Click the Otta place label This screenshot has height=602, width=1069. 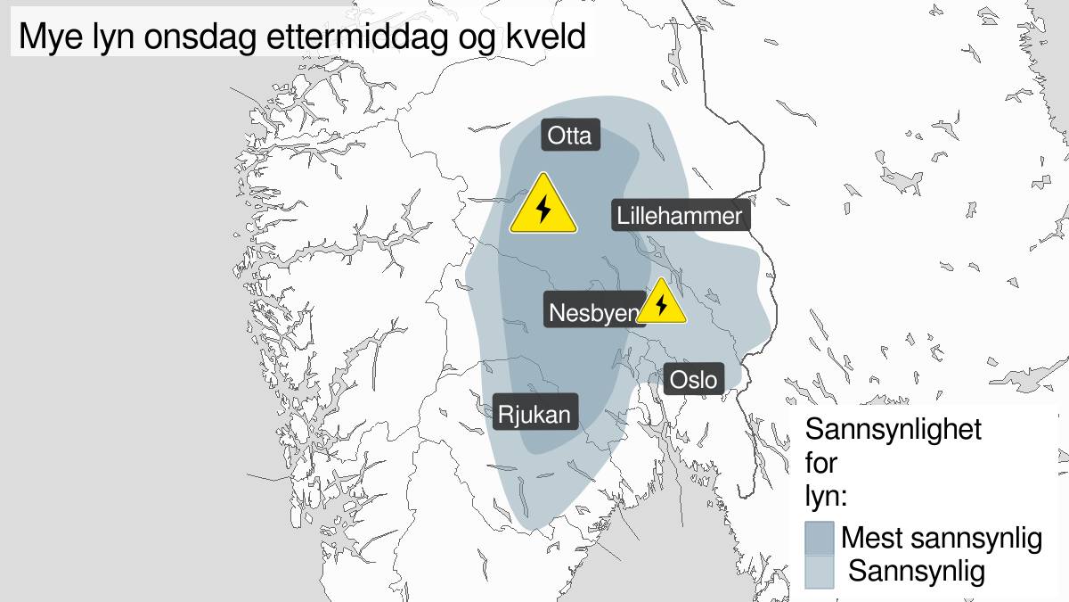[570, 136]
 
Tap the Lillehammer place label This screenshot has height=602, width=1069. [679, 216]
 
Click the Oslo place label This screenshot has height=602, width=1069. [693, 379]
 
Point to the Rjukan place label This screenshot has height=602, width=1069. [534, 414]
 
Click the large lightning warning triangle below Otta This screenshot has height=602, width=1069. [543, 207]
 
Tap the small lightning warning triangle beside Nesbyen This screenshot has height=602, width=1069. [661, 303]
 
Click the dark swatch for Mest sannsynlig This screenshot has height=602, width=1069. [819, 538]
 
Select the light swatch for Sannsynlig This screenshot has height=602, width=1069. [819, 571]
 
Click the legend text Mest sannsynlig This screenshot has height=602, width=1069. [942, 538]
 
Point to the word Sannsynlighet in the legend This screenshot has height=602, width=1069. [893, 429]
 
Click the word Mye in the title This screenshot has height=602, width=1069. [49, 37]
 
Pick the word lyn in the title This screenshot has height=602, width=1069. [108, 37]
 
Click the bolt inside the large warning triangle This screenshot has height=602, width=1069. [543, 210]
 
